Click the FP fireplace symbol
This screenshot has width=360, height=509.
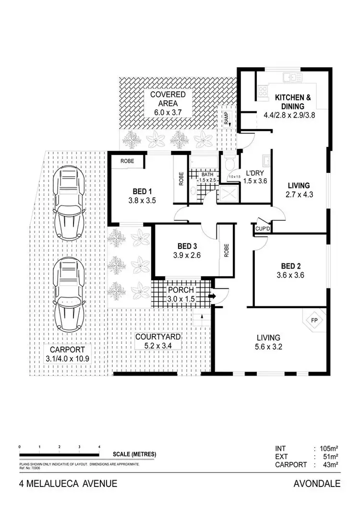pyautogui.click(x=315, y=320)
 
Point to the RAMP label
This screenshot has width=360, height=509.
pyautogui.click(x=226, y=118)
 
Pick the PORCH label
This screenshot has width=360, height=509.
pyautogui.click(x=180, y=290)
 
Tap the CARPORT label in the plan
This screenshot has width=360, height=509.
pyautogui.click(x=60, y=350)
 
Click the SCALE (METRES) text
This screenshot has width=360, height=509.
pyautogui.click(x=134, y=454)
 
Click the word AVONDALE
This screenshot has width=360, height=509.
pyautogui.click(x=316, y=484)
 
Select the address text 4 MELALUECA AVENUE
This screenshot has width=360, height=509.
pyautogui.click(x=68, y=484)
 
